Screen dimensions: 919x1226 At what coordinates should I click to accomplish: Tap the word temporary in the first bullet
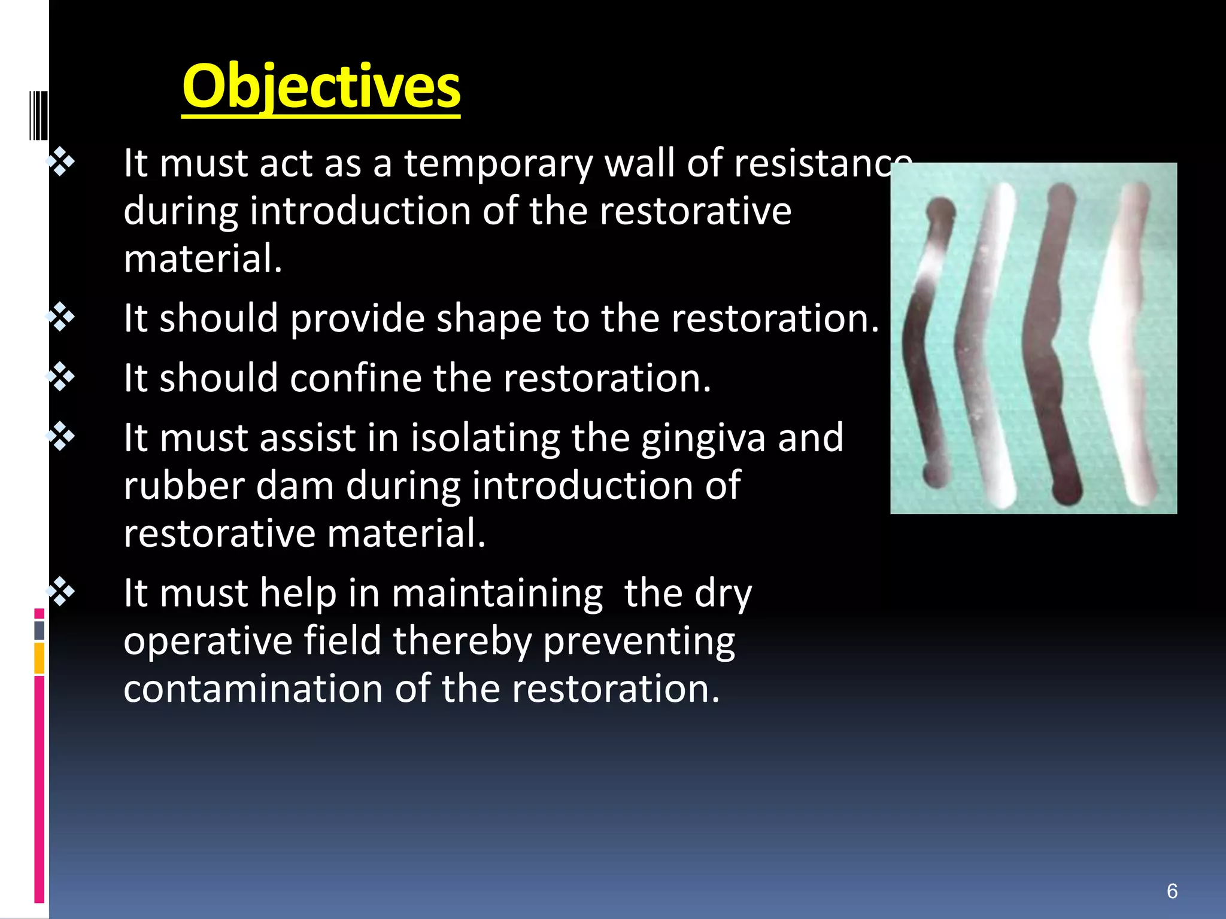(498, 163)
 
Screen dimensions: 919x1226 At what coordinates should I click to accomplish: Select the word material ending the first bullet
(202, 259)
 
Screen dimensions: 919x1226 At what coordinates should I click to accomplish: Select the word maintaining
(497, 594)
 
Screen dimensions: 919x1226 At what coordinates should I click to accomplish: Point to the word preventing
(639, 641)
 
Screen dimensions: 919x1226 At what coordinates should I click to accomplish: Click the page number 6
(1172, 891)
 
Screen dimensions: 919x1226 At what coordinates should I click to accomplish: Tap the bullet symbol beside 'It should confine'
(62, 377)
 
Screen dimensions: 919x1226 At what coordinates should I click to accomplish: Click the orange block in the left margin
(39, 658)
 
